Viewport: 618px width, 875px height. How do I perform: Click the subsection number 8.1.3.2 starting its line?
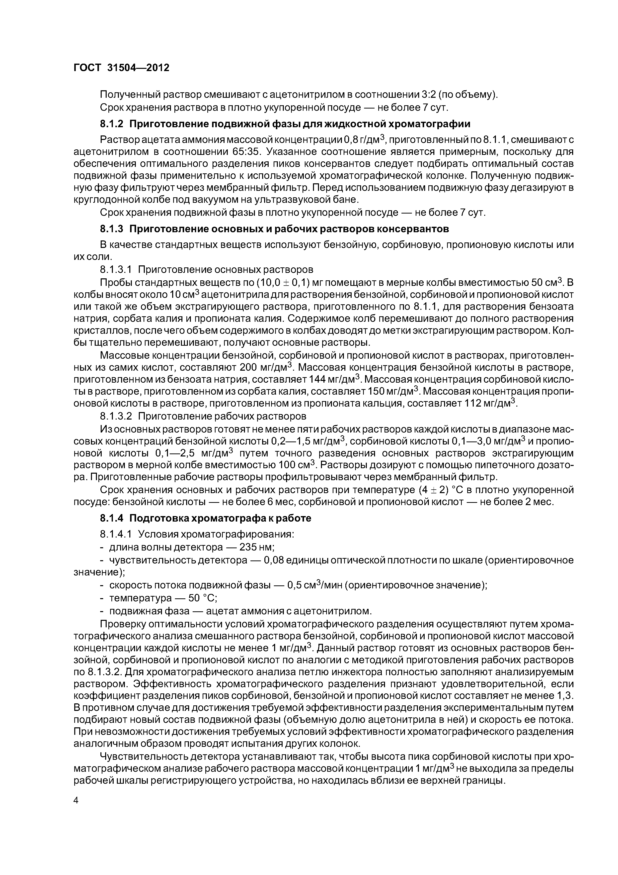[x=116, y=415]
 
